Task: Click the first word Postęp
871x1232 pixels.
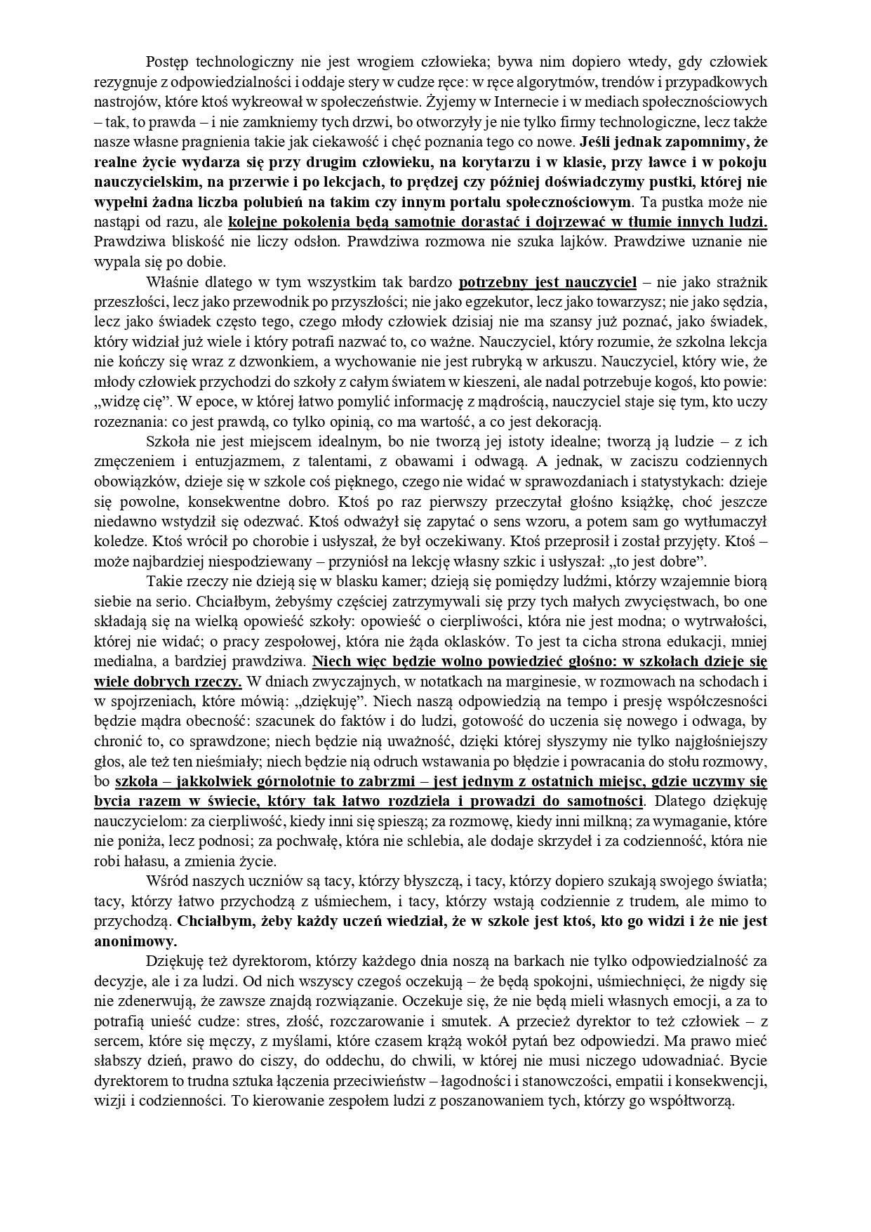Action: coord(168,61)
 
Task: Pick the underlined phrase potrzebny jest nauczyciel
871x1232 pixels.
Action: coord(547,283)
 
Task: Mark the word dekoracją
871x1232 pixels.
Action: coord(566,423)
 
